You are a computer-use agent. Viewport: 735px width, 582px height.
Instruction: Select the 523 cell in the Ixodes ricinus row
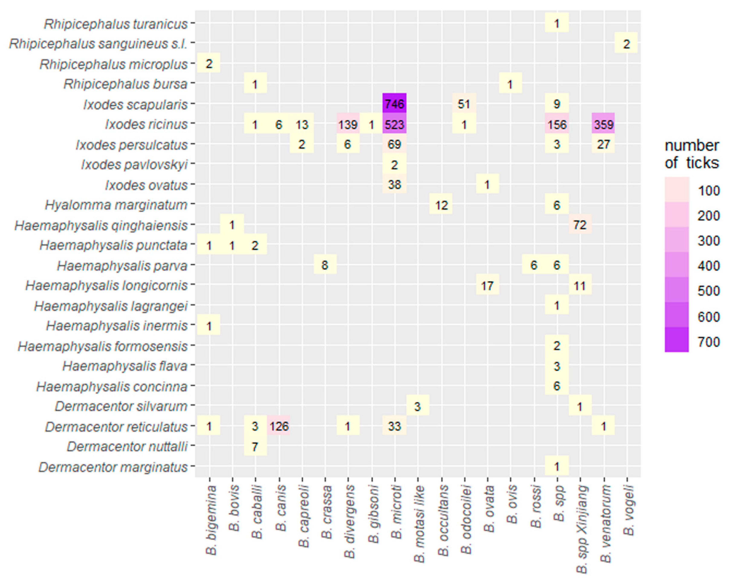(x=394, y=124)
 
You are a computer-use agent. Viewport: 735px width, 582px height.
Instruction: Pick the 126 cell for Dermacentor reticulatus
(x=279, y=426)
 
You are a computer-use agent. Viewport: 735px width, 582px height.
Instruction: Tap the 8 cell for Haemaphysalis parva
(x=325, y=265)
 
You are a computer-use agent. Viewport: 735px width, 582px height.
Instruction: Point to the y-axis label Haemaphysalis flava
(x=125, y=366)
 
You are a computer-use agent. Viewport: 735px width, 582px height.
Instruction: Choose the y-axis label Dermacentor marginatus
(x=113, y=467)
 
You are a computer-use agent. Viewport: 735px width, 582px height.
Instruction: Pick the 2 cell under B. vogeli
(x=626, y=44)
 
